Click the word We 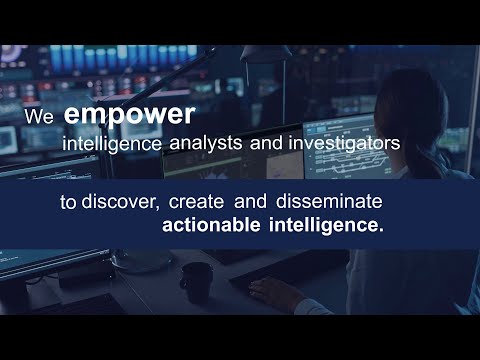click(39, 116)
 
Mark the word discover click(118, 202)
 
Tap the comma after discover click(157, 207)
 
